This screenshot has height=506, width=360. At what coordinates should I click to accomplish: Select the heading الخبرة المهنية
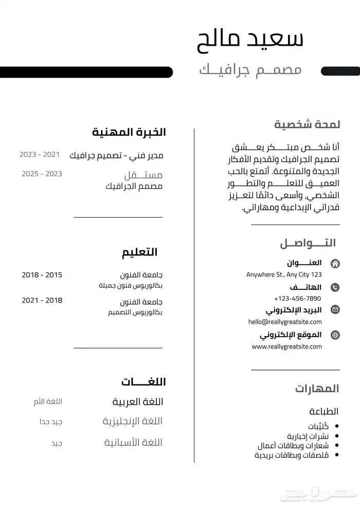129,132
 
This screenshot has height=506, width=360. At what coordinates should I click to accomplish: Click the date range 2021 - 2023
40,154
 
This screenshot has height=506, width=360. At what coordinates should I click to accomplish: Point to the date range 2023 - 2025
42,174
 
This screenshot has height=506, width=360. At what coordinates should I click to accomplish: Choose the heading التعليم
139,252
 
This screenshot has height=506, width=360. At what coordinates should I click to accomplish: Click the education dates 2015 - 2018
42,275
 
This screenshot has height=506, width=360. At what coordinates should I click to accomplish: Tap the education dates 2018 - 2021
42,301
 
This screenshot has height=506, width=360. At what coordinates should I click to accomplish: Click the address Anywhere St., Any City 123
284,275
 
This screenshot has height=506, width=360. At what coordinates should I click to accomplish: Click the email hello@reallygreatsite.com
284,322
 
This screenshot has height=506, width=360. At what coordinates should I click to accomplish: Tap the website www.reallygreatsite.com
286,346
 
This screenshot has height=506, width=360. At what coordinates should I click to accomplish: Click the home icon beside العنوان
335,264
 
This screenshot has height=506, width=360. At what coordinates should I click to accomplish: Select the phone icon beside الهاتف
335,287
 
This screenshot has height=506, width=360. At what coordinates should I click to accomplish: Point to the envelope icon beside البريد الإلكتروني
335,310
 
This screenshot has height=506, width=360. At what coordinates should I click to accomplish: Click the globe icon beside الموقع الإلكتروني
335,335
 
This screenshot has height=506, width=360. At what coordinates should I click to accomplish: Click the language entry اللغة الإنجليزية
133,422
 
